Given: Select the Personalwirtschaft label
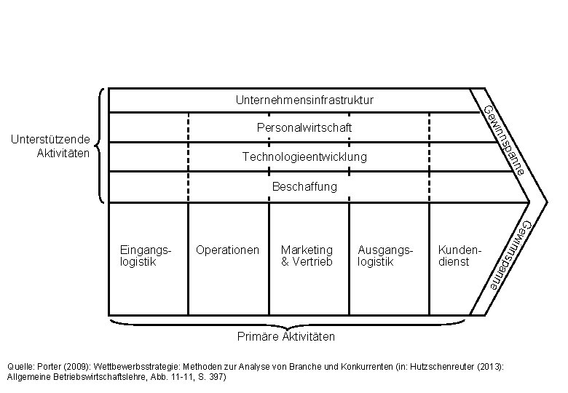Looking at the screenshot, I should [304, 128].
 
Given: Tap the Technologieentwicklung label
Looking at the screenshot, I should [304, 157].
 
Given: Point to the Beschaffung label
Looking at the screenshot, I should [304, 187].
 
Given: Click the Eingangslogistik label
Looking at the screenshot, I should [145, 256].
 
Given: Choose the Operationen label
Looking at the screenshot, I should [227, 250].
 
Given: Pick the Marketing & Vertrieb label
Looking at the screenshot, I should [307, 256].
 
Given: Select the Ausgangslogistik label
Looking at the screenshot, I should [385, 256].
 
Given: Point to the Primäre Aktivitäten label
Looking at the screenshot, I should [286, 337].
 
